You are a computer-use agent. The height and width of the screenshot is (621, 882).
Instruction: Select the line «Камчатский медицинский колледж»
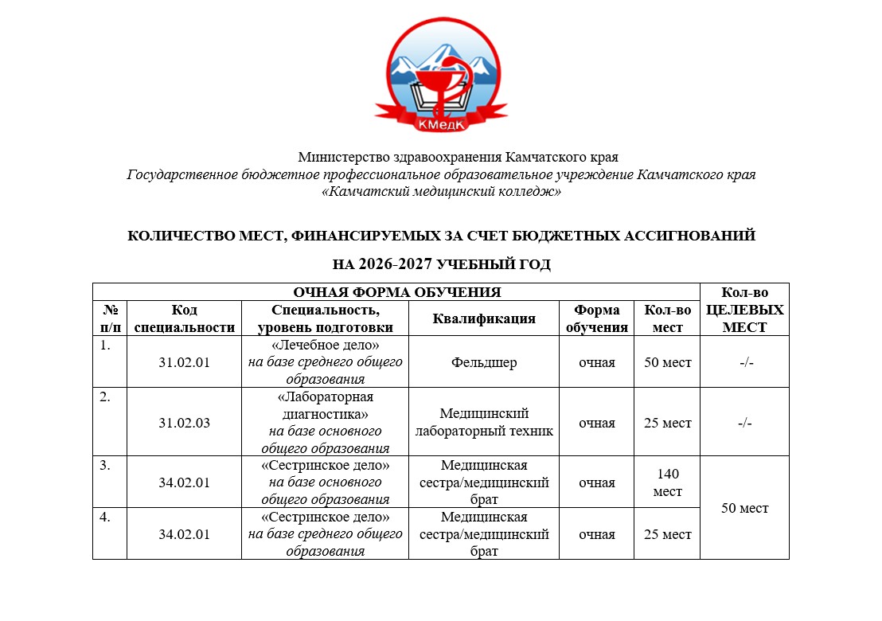coord(442,192)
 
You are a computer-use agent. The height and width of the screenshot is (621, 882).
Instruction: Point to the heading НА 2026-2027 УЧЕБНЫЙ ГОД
coord(442,264)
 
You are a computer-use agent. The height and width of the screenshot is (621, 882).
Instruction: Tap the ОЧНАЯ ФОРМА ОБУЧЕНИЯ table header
coord(396,291)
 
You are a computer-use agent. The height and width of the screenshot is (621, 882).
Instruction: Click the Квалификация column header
coord(484,318)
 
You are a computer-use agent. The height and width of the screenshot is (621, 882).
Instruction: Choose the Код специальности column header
coord(184,318)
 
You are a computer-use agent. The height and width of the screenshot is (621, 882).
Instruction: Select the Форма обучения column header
coord(596,318)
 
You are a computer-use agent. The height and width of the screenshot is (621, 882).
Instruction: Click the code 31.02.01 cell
coord(184,363)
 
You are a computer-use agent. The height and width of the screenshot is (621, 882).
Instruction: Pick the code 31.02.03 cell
coord(184,423)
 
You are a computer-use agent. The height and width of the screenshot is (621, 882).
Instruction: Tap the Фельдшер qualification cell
coord(484,363)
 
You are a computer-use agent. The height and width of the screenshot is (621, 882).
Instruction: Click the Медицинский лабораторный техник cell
coord(484,423)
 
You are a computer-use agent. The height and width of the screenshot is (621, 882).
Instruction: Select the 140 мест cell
coord(667,482)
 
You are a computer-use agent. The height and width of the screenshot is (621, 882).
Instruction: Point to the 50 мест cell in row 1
coord(667,363)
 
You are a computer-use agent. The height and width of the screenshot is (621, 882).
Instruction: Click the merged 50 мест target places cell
coord(744,508)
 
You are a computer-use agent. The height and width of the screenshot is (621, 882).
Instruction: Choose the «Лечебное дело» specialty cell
coord(325,363)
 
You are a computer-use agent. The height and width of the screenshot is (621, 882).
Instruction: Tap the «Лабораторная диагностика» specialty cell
coord(325,423)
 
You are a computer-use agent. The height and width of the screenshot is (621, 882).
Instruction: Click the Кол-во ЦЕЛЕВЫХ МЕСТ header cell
coord(744,310)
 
